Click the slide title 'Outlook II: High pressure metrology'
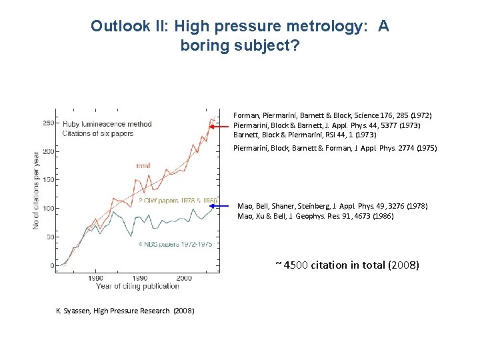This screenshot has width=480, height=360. click(x=240, y=26)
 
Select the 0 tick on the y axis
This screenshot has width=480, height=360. click(x=52, y=266)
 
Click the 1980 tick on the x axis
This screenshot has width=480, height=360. click(x=95, y=277)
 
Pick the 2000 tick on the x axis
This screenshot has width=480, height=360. click(x=185, y=277)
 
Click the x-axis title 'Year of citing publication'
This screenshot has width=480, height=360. click(x=137, y=286)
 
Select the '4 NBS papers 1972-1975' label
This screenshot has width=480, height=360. click(x=175, y=245)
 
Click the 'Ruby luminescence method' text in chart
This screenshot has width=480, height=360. click(x=107, y=124)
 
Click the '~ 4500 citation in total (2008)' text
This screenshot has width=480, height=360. click(x=347, y=265)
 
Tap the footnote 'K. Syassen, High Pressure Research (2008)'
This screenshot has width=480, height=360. click(x=125, y=311)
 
